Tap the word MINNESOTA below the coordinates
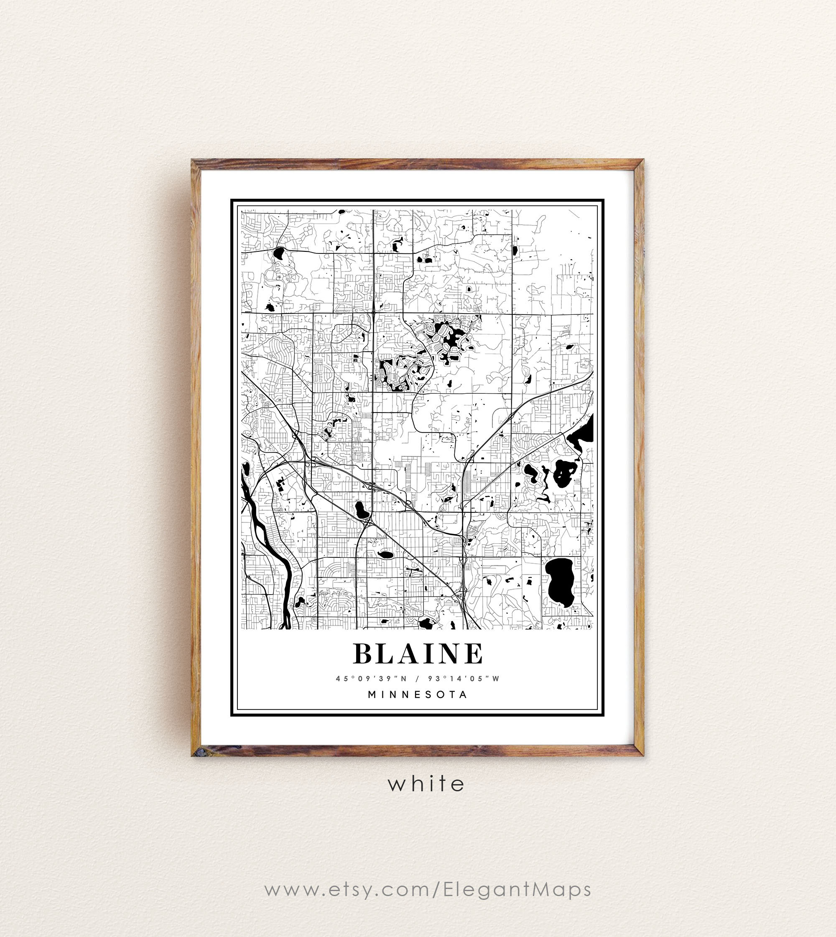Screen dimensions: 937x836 coord(418,694)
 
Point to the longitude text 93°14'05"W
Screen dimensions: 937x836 coord(464,679)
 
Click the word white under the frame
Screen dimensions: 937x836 coord(426,784)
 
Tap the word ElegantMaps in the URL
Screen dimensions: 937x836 coord(517,889)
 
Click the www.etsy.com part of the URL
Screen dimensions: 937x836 coord(347,889)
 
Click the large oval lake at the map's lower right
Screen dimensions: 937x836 coord(561,582)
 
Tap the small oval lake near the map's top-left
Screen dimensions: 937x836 coord(278,253)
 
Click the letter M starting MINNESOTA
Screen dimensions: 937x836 coord(372,694)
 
